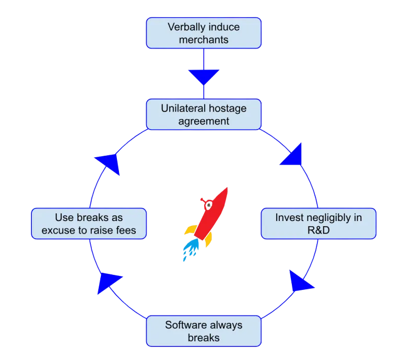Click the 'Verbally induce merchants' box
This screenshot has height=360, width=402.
click(x=203, y=33)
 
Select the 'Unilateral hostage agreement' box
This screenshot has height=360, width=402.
click(x=203, y=114)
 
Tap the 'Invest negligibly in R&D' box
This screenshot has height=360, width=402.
click(x=318, y=224)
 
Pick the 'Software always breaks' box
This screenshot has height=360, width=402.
click(x=203, y=331)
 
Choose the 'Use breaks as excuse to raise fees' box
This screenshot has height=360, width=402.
click(x=88, y=224)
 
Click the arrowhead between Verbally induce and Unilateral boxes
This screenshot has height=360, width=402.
click(x=203, y=77)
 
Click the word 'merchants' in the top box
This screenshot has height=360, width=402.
click(x=203, y=40)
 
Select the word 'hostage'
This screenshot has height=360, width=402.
click(x=226, y=108)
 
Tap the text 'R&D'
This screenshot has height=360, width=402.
click(x=318, y=230)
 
